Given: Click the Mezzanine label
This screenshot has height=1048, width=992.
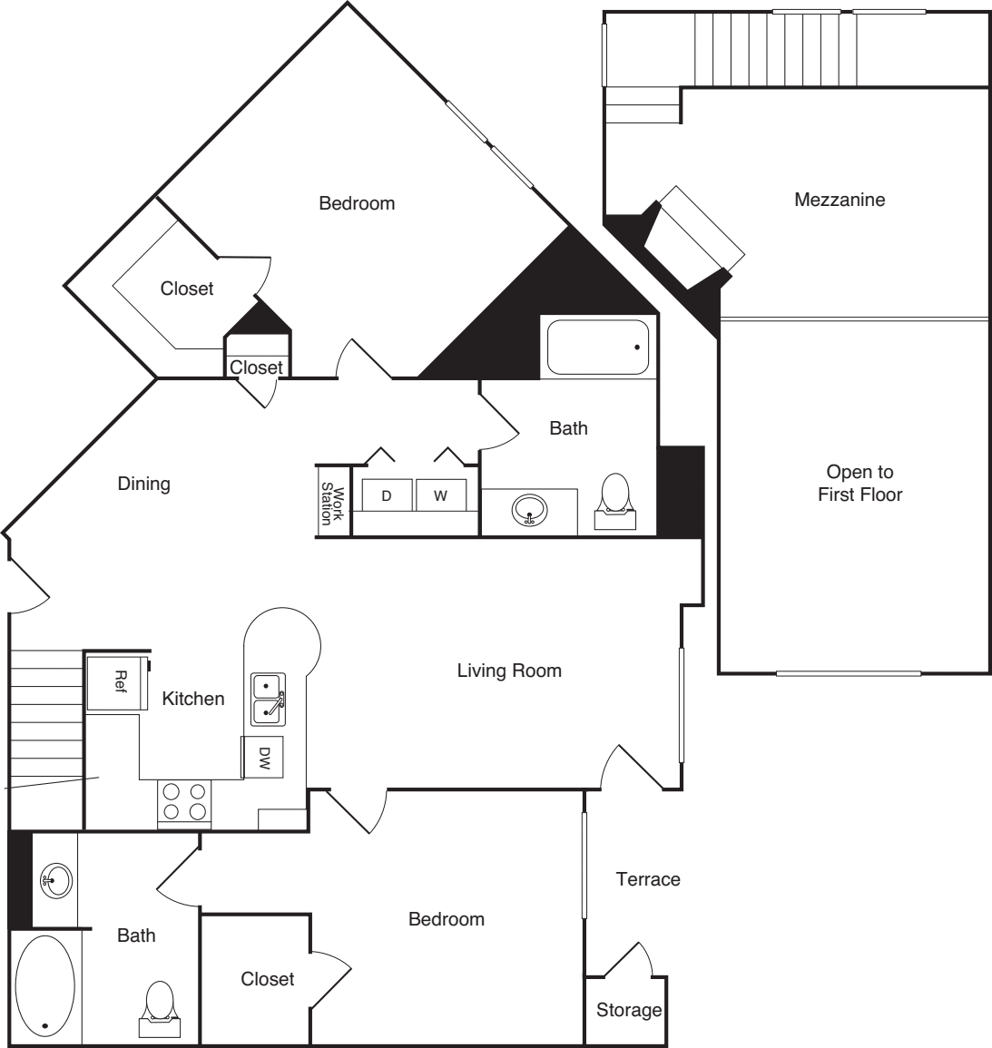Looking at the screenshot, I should [x=839, y=200].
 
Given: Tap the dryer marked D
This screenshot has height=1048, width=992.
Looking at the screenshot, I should [x=386, y=496].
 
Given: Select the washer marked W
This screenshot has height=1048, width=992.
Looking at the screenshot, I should [x=440, y=496].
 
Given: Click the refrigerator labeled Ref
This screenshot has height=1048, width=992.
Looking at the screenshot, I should [x=117, y=681].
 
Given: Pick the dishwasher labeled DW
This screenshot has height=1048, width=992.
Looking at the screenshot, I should [x=263, y=757].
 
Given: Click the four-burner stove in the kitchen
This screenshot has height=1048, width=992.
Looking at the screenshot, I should [x=184, y=801].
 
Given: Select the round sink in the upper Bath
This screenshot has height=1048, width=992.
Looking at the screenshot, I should [x=529, y=511].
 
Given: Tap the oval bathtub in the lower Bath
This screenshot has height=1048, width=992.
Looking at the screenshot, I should [x=45, y=986].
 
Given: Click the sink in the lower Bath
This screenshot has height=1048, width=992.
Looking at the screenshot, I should [x=55, y=879].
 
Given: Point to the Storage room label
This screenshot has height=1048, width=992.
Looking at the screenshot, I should [x=628, y=1010].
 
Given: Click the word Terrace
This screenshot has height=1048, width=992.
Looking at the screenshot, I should [x=647, y=878].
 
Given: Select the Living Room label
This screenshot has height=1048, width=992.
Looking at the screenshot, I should [x=508, y=671].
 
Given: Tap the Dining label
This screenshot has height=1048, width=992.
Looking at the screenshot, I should [x=143, y=484].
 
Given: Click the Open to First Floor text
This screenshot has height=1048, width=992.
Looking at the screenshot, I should [x=859, y=483].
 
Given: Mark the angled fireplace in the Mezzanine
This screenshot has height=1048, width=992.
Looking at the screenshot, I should [x=694, y=238].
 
